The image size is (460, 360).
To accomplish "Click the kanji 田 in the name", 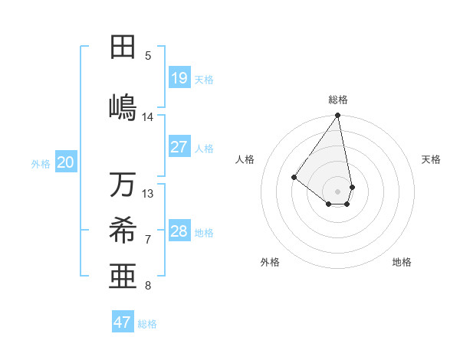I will click(x=122, y=47).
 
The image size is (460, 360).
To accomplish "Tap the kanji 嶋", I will click(x=122, y=106).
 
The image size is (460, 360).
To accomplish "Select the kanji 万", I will click(x=122, y=185).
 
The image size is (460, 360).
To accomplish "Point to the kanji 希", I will click(x=122, y=230).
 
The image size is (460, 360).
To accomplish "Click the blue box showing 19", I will click(x=179, y=78).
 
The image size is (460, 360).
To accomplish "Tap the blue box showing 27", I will click(x=179, y=147).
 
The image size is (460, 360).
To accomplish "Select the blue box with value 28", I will click(x=179, y=231).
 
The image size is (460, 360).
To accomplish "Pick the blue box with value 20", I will click(x=66, y=162).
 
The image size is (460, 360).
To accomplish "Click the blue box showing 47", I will click(x=123, y=322).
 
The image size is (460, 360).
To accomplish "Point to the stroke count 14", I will click(x=148, y=117).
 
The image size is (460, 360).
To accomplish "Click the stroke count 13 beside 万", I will click(x=148, y=194).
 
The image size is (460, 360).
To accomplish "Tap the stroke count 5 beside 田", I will click(x=148, y=56).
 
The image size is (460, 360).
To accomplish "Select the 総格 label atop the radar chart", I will click(x=338, y=100).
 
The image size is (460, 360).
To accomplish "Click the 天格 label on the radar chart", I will click(x=432, y=159).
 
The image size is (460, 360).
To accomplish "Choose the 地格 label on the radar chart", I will click(x=402, y=262).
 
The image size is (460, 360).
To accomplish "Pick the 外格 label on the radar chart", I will click(x=270, y=262).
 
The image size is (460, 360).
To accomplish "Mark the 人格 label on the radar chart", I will click(x=245, y=159).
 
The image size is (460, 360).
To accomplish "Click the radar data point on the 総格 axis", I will click(x=337, y=116).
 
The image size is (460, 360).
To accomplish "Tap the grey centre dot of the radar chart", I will click(x=337, y=191).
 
